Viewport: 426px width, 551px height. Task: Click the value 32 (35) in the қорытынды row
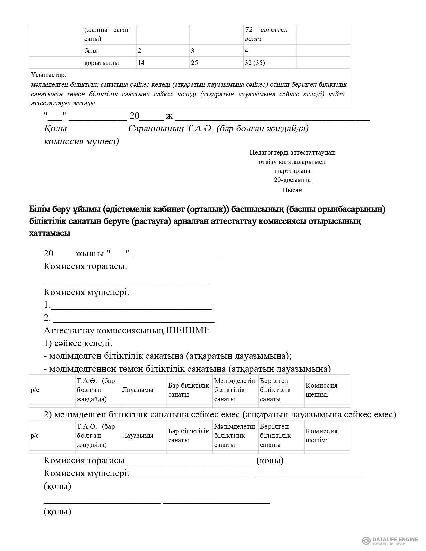point(255,63)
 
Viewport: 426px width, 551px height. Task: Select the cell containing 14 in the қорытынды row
point(141,63)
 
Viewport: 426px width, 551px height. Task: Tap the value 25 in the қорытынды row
point(194,63)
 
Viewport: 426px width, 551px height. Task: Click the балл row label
point(91,51)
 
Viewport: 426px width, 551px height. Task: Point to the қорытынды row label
point(102,63)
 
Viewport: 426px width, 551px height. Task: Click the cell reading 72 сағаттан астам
point(266,34)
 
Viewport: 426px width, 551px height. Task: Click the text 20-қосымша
point(292,180)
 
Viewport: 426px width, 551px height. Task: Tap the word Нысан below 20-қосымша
point(292,190)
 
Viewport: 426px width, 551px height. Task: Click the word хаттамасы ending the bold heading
point(50,234)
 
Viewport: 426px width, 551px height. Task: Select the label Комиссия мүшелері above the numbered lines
point(86,292)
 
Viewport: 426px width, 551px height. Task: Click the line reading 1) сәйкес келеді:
point(78,343)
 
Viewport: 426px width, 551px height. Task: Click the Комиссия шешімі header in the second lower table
point(321,436)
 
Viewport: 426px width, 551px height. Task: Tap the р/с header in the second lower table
point(35,436)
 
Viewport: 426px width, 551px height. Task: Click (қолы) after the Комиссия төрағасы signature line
point(270,461)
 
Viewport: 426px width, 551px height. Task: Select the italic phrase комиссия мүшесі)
point(81,142)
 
